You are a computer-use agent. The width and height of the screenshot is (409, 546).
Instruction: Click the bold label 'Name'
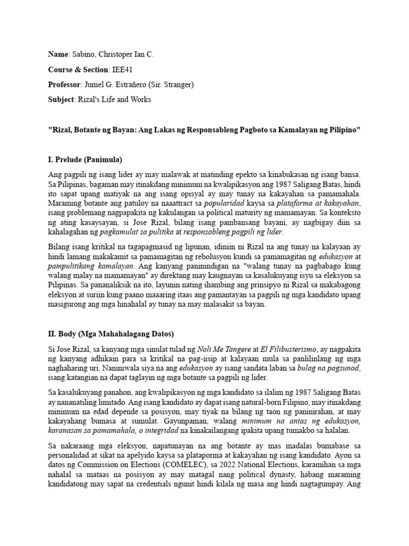point(58,54)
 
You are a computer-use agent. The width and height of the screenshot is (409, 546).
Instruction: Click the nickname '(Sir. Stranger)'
point(174,84)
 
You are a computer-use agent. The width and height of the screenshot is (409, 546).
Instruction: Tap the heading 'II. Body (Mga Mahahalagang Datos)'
point(110,334)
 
